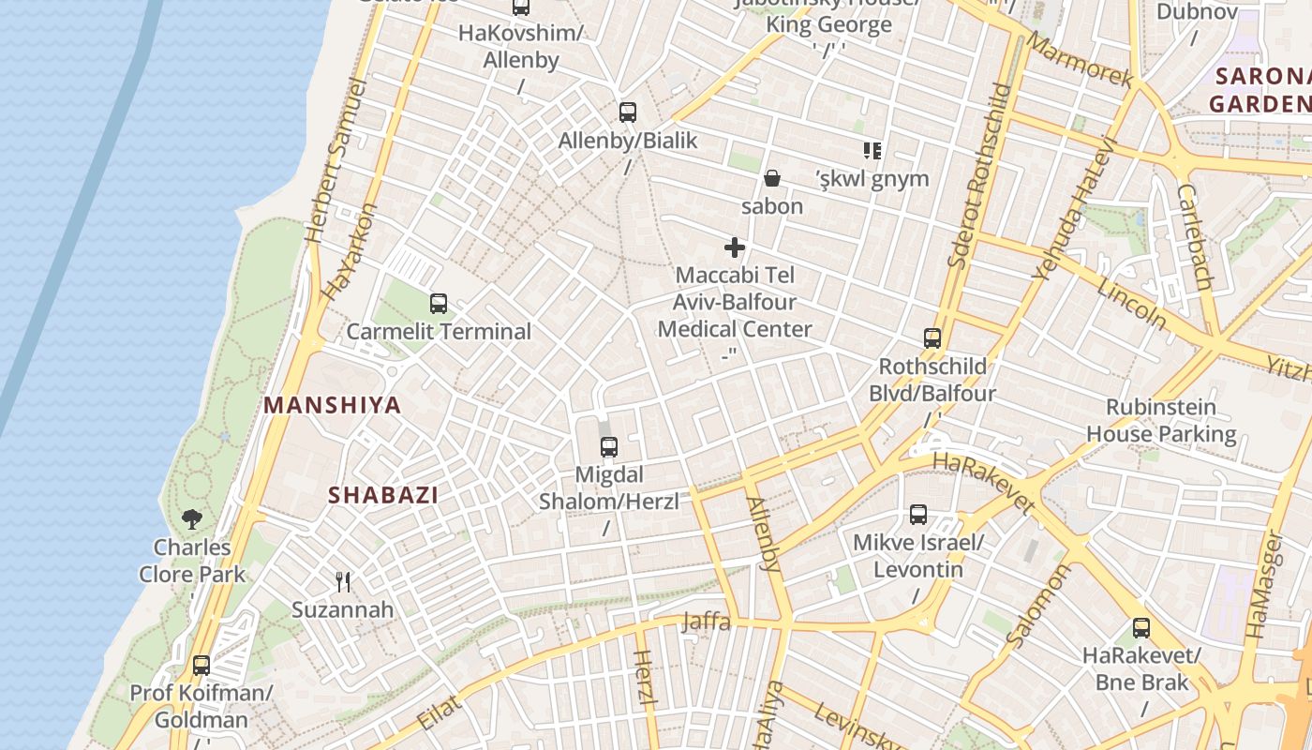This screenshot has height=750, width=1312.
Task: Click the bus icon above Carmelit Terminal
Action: tap(438, 304)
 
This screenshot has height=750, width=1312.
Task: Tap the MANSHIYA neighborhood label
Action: tap(332, 405)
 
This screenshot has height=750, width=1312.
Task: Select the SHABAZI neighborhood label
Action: tap(382, 495)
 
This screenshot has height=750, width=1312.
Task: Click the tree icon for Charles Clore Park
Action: tap(192, 518)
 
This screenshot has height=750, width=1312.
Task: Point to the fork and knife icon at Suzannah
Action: tap(343, 582)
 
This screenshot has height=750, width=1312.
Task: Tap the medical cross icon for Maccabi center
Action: tap(735, 247)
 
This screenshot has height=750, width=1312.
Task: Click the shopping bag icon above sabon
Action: tap(772, 178)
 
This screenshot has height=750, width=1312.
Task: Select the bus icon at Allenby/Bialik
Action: tap(628, 112)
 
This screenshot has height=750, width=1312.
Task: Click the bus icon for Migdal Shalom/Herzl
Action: tap(609, 446)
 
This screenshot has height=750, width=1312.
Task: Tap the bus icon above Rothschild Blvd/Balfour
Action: tap(932, 338)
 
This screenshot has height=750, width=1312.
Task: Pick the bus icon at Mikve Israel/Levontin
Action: tap(918, 515)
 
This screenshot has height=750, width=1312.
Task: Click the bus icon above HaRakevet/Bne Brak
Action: tap(1141, 628)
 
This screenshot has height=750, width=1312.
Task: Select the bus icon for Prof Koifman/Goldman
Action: tap(201, 666)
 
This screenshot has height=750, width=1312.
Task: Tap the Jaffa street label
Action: tap(707, 621)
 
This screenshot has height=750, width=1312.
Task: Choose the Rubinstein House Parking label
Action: tap(1161, 421)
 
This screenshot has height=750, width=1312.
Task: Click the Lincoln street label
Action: tap(1132, 303)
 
